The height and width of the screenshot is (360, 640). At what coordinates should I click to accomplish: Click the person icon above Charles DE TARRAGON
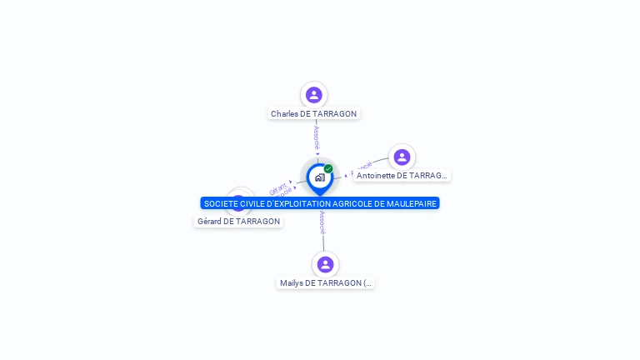(x=313, y=94)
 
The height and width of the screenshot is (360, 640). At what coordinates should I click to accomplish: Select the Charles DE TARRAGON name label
(x=313, y=113)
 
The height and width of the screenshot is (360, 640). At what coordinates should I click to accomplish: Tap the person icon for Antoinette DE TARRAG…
(x=402, y=157)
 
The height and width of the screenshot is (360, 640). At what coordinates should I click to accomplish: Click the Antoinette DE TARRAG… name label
(x=402, y=176)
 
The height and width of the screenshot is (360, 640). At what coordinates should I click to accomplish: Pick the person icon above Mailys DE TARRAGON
(x=325, y=264)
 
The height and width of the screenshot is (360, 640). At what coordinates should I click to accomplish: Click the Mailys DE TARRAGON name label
(x=325, y=283)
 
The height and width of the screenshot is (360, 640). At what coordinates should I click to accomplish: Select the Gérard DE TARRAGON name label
(x=238, y=222)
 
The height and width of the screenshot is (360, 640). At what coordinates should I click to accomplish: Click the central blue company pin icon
(x=319, y=177)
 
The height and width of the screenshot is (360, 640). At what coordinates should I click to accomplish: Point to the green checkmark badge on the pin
(x=328, y=169)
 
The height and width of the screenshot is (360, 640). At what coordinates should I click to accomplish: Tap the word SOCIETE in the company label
(x=218, y=203)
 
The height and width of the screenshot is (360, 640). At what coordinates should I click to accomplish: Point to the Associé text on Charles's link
(x=317, y=137)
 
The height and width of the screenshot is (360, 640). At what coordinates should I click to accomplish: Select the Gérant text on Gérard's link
(x=277, y=187)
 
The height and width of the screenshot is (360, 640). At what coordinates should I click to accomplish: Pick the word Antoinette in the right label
(x=375, y=176)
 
